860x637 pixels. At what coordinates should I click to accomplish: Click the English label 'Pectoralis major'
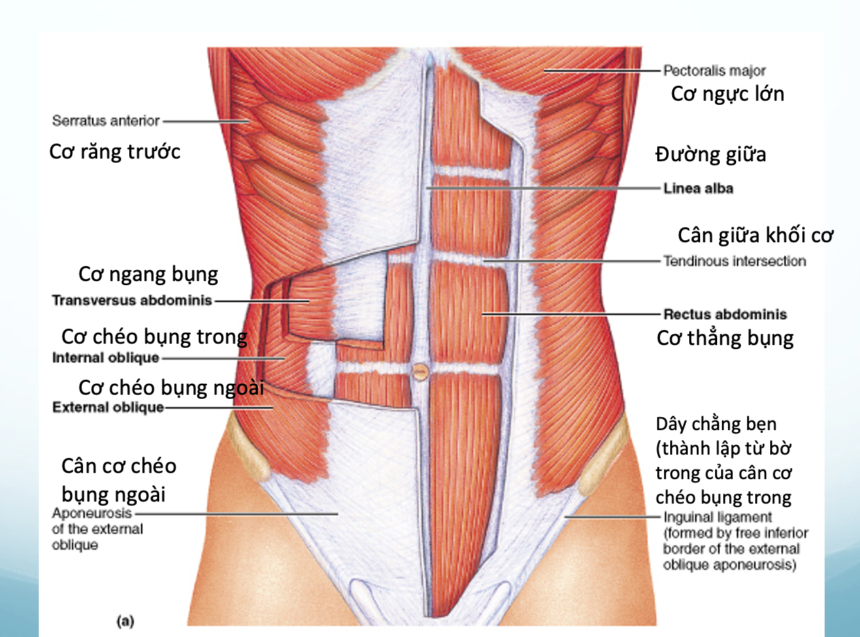(714, 71)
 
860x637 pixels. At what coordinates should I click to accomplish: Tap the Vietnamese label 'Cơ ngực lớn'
(727, 95)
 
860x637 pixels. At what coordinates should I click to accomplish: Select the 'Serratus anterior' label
(106, 120)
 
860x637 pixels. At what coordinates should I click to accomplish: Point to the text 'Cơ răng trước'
(115, 151)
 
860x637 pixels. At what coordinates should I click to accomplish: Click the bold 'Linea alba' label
(698, 188)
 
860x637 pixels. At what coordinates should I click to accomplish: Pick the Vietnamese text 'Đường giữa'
(711, 154)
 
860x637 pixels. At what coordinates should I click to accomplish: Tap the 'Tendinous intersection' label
(735, 261)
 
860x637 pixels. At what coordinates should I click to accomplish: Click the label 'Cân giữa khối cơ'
(755, 235)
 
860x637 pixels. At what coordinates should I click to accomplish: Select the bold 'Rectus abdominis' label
(725, 314)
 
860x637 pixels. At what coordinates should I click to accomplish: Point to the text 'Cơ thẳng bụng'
(725, 338)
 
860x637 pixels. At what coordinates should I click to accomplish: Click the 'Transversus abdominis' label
(132, 300)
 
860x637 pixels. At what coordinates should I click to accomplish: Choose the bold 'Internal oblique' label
(106, 358)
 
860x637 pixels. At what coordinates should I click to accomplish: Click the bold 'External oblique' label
(108, 408)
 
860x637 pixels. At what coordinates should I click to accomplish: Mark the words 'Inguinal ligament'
(718, 517)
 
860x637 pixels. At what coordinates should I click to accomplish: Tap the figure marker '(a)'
(126, 621)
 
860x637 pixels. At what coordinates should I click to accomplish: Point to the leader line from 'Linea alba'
(543, 188)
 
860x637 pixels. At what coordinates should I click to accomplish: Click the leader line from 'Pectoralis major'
(601, 71)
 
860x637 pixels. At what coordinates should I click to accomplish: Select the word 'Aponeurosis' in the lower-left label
(92, 514)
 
